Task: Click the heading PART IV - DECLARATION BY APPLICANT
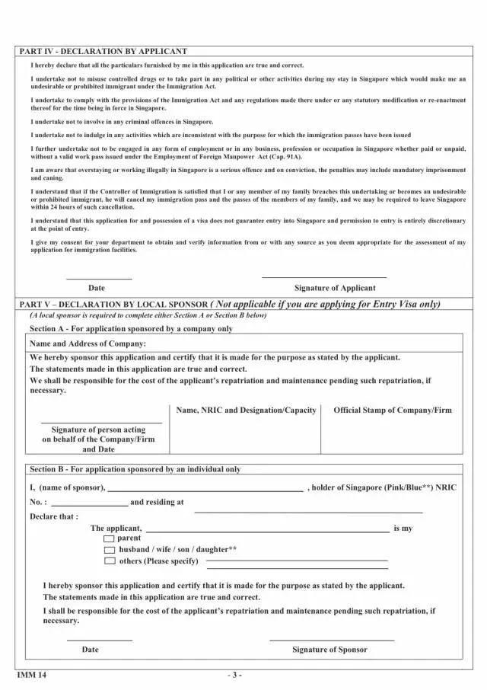[103, 52]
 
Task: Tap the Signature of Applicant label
[335, 288]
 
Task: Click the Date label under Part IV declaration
[97, 288]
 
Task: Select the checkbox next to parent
[110, 538]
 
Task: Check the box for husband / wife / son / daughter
[110, 549]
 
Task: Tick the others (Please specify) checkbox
[110, 561]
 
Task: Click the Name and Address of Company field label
[88, 343]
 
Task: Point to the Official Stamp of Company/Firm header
[392, 410]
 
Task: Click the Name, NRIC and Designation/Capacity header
[246, 410]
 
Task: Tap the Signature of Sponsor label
[329, 650]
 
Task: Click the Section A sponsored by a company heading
[131, 329]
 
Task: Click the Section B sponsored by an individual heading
[135, 469]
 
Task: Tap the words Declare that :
[54, 516]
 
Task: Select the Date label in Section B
[91, 650]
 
